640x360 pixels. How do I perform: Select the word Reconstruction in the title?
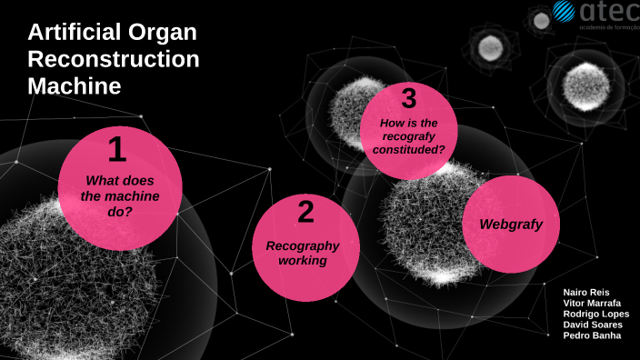[113, 59]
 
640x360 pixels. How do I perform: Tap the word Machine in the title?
[74, 86]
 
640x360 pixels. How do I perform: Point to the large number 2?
[305, 213]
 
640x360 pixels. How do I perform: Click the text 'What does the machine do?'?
[120, 195]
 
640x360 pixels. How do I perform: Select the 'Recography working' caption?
[303, 253]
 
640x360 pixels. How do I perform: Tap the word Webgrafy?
[511, 224]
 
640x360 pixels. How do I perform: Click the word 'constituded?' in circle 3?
[408, 149]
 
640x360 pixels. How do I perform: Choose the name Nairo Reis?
[586, 292]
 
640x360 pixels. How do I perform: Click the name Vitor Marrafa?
[593, 303]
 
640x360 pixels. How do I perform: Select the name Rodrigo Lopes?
[595, 314]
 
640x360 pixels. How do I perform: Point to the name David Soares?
[592, 325]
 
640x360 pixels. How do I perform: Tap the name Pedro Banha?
[592, 335]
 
